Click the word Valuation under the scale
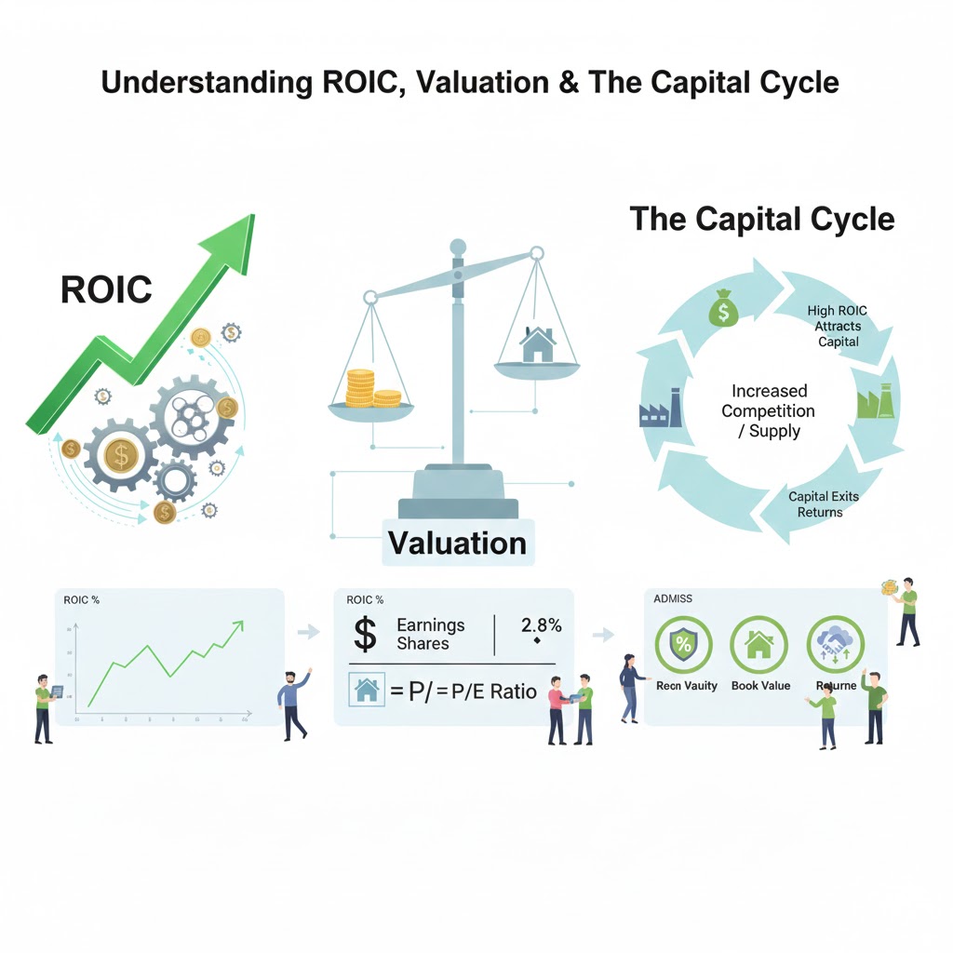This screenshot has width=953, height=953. point(456,543)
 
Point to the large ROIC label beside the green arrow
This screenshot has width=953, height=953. point(106,289)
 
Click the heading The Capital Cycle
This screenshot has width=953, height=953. point(762,219)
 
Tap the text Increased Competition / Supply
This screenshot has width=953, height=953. point(769,410)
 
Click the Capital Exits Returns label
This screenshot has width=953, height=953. point(823,503)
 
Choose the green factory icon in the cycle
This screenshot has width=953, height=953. point(873,402)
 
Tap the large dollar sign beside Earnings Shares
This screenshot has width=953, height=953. point(367,635)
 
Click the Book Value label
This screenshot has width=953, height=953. point(760,686)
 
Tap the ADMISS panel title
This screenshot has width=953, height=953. point(673,599)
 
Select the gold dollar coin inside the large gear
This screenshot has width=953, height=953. point(119,455)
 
